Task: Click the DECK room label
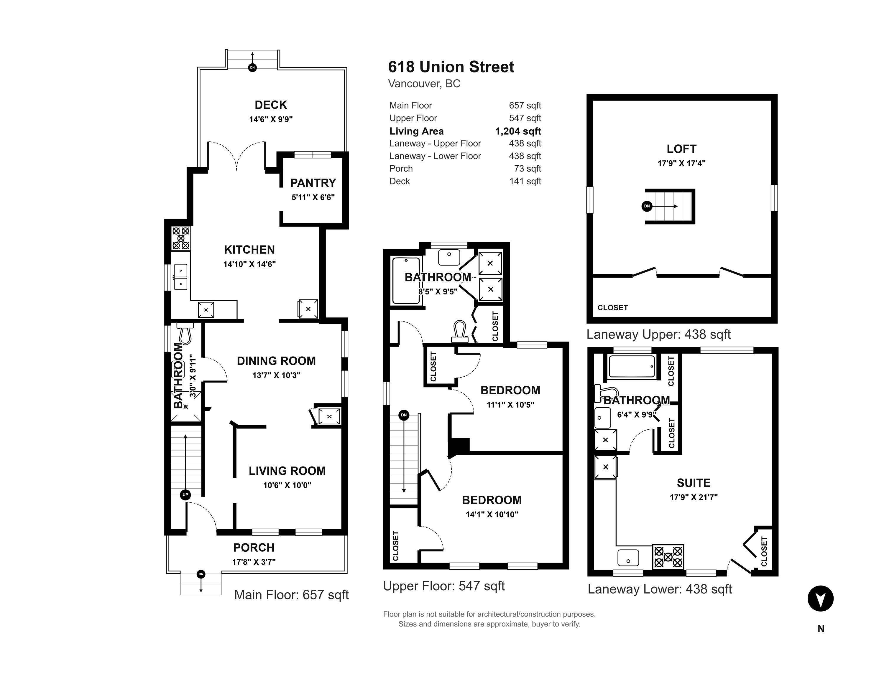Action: pyautogui.click(x=271, y=105)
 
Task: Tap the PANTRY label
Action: pyautogui.click(x=313, y=183)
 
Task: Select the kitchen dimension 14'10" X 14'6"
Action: pyautogui.click(x=249, y=264)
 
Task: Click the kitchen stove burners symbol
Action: pyautogui.click(x=181, y=238)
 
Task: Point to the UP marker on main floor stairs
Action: pyautogui.click(x=185, y=495)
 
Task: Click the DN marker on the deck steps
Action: pyautogui.click(x=252, y=67)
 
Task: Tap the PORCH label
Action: pyautogui.click(x=254, y=548)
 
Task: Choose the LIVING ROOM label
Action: pyautogui.click(x=287, y=471)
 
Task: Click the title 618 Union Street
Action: pyautogui.click(x=451, y=67)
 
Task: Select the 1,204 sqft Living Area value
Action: pyautogui.click(x=518, y=131)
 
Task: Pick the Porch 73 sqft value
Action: pyautogui.click(x=528, y=169)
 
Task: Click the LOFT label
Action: pyautogui.click(x=681, y=149)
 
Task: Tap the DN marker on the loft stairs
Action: pyautogui.click(x=647, y=206)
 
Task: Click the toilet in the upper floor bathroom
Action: pyautogui.click(x=460, y=332)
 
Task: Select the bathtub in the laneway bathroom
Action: pyautogui.click(x=632, y=366)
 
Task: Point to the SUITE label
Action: pyautogui.click(x=694, y=483)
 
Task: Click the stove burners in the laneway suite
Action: pyautogui.click(x=668, y=557)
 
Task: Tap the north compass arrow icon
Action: pyautogui.click(x=821, y=599)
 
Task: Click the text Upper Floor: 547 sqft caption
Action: pyautogui.click(x=444, y=586)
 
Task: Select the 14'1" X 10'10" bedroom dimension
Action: pyautogui.click(x=492, y=515)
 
